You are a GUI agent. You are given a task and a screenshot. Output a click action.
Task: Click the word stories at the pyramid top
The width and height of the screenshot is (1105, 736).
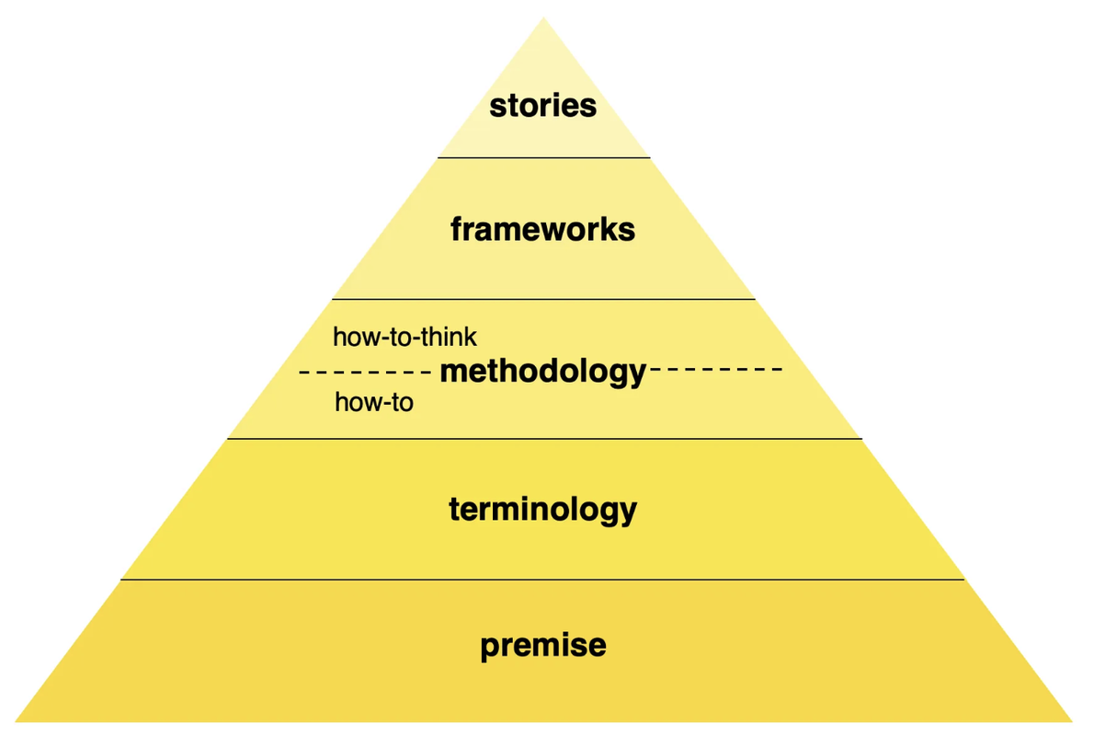(542, 106)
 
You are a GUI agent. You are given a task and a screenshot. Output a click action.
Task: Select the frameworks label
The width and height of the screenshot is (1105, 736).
(542, 229)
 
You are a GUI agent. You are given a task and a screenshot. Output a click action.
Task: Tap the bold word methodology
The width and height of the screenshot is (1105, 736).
(543, 372)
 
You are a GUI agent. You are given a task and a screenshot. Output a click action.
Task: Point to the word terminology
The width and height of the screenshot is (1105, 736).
(542, 509)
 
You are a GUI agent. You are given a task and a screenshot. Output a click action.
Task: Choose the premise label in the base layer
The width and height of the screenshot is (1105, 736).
(542, 645)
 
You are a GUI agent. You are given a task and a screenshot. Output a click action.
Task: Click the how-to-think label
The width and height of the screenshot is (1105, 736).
(404, 338)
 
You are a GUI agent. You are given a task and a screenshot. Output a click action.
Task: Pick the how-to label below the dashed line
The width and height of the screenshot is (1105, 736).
(374, 401)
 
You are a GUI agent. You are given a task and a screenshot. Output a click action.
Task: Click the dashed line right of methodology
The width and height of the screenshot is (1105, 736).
(715, 371)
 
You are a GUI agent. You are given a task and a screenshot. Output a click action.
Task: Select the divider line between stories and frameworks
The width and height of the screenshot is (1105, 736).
(543, 158)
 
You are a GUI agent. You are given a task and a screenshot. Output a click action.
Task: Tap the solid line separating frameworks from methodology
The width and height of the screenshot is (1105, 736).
(543, 300)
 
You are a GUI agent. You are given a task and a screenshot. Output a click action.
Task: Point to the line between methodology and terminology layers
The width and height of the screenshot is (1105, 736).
(543, 439)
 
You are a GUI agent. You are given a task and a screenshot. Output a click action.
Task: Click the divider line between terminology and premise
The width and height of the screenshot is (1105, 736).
(543, 580)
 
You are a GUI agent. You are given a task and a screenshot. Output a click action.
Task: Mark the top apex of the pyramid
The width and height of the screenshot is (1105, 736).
(543, 18)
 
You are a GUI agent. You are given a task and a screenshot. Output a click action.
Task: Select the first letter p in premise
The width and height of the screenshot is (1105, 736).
(489, 647)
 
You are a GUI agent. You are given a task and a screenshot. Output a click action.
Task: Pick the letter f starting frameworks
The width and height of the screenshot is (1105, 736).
(457, 228)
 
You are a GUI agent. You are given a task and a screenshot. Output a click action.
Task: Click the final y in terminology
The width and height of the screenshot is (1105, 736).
(628, 512)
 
